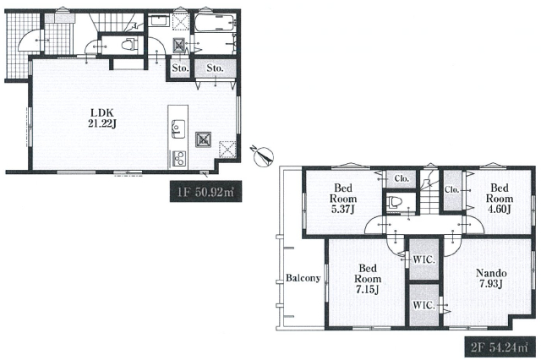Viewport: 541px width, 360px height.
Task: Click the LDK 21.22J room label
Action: [101, 118]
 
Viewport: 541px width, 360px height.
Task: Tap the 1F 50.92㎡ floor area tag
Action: [205, 191]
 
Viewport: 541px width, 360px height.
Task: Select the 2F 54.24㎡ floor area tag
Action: [500, 346]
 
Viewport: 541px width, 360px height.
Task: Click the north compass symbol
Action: [263, 155]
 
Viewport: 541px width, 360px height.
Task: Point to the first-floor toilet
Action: [129, 44]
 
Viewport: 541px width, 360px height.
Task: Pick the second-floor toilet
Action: [393, 202]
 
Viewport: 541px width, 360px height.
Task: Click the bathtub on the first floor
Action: [214, 23]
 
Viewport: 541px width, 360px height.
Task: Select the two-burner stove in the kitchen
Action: [178, 159]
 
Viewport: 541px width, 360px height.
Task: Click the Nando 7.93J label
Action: [491, 278]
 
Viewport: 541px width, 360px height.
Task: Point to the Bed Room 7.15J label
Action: [368, 279]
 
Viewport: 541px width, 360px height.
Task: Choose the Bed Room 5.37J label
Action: [343, 199]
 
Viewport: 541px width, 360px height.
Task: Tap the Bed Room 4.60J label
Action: [500, 199]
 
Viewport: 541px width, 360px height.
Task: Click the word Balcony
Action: [303, 277]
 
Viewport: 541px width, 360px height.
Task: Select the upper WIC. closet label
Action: [424, 259]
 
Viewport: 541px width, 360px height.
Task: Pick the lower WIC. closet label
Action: [424, 305]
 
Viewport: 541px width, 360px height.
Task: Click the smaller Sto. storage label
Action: [180, 68]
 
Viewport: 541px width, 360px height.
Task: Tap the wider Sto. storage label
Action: [216, 68]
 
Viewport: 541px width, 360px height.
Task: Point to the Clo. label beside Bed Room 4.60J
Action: [452, 189]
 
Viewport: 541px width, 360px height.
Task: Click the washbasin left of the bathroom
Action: [160, 20]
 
